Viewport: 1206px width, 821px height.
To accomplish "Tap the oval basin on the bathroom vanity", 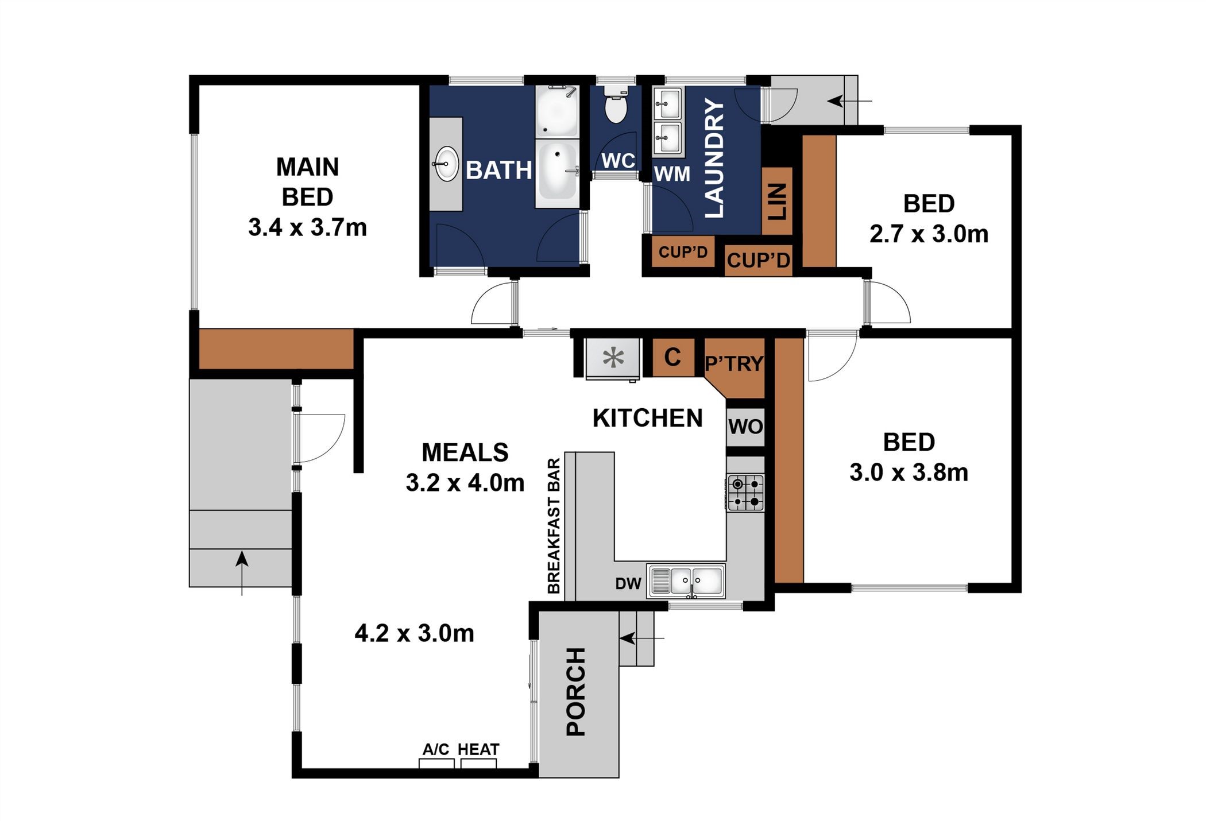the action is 446,164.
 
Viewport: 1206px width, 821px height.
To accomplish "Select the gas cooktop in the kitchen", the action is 745,493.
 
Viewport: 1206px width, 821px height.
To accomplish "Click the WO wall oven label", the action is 745,427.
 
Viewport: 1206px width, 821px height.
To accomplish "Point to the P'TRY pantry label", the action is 734,363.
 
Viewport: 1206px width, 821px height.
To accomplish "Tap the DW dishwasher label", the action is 628,584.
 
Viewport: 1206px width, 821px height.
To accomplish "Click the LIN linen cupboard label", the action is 777,202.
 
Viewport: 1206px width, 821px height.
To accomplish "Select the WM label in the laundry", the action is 672,173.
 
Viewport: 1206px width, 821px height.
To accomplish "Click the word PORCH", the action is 576,692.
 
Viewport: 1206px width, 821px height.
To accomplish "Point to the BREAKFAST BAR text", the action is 554,526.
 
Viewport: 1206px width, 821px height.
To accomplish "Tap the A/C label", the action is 436,749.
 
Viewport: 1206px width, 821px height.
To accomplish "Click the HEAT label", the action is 478,749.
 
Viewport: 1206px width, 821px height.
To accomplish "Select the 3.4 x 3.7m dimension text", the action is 307,227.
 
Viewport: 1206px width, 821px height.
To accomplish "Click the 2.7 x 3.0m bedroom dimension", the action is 929,234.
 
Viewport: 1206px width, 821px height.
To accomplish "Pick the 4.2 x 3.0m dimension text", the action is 414,633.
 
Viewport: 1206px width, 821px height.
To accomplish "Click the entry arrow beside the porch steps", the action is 642,638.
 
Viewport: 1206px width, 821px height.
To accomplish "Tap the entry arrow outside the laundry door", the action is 850,101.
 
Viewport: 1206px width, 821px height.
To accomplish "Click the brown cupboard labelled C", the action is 672,357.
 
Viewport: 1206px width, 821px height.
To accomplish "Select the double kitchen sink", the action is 686,581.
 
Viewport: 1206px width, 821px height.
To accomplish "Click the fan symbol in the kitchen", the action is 613,358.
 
